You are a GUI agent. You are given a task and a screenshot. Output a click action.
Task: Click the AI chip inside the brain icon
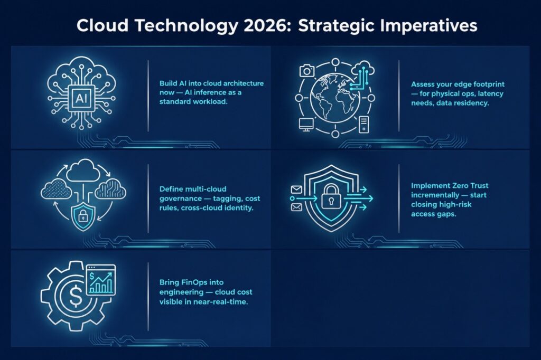(x=81, y=99)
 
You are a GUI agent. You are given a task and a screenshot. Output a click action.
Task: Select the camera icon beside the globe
(x=307, y=71)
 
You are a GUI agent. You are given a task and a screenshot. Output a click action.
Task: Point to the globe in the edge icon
(x=335, y=98)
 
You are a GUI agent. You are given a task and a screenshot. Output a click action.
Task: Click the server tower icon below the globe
(x=363, y=125)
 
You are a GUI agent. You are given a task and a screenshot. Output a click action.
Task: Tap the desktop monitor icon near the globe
(x=306, y=125)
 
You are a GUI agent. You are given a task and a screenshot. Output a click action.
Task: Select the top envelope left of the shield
(x=296, y=190)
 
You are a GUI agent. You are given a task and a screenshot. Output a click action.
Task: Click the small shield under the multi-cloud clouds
(x=82, y=216)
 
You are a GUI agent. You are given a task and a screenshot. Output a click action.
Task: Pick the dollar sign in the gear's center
(x=76, y=297)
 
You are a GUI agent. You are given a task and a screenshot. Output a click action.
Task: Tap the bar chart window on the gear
(x=101, y=280)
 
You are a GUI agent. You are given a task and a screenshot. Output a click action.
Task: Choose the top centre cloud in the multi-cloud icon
(x=82, y=170)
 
